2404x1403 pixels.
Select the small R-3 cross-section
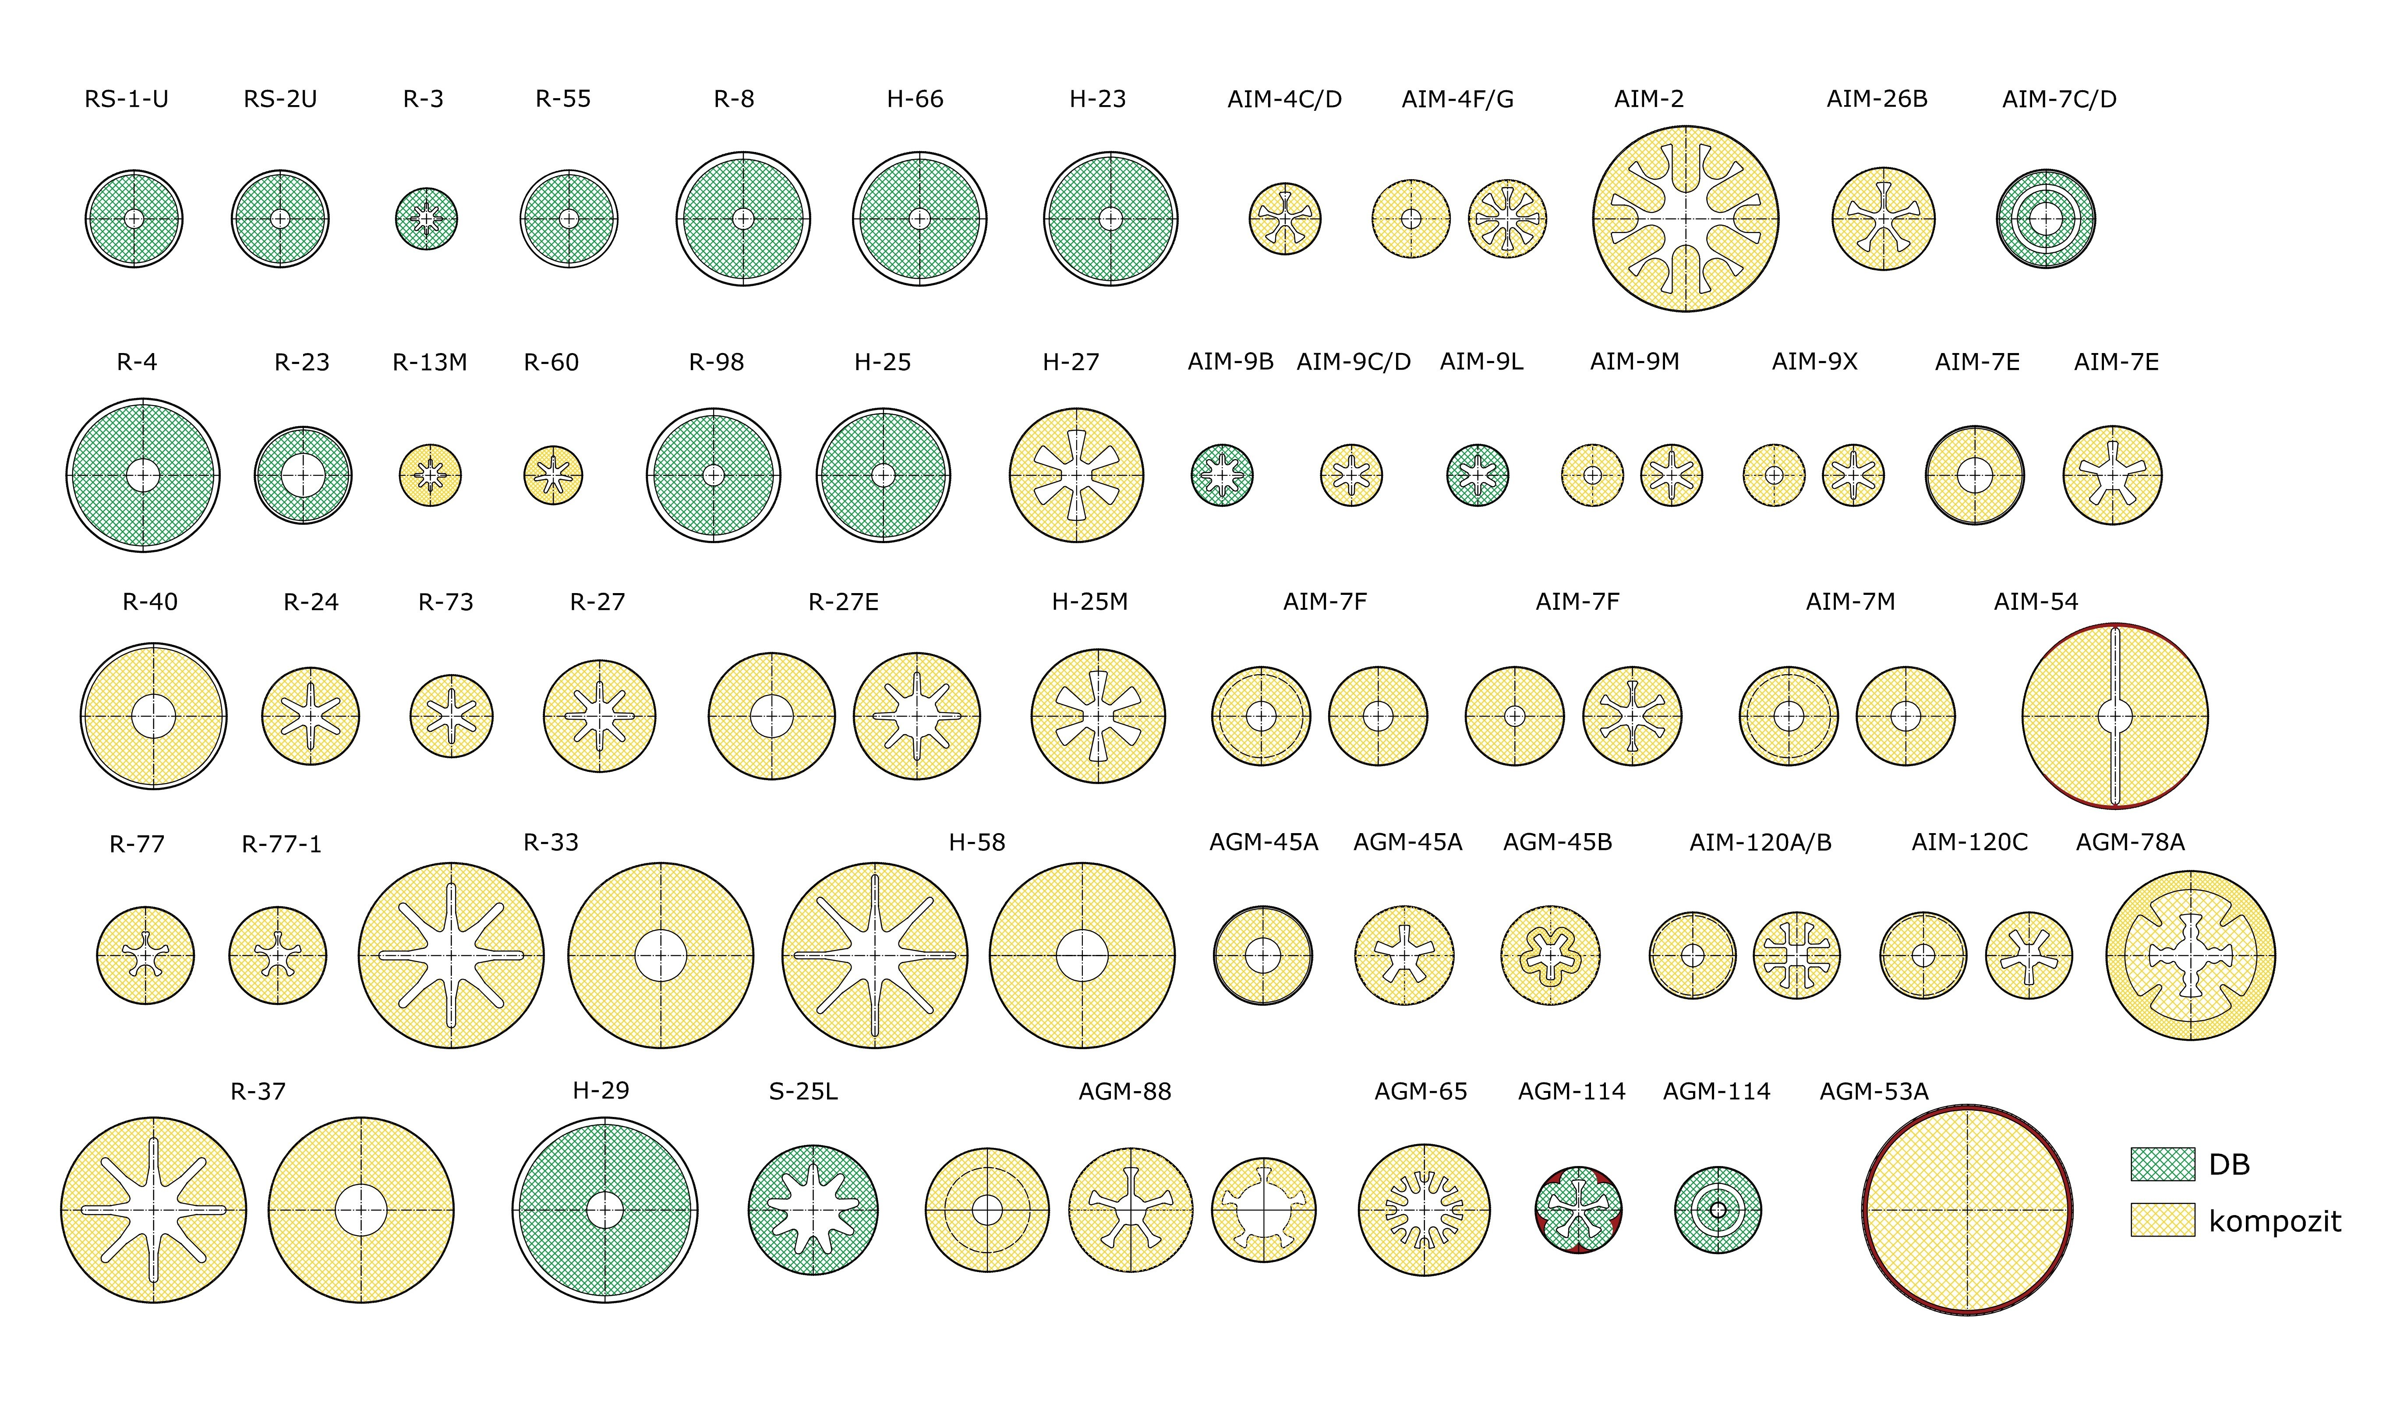[x=426, y=219]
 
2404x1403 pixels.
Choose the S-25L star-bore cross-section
[x=813, y=1209]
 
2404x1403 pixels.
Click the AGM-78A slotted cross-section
[x=2190, y=955]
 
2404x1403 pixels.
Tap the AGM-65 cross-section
[x=1423, y=1209]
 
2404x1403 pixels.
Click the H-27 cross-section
[x=1076, y=475]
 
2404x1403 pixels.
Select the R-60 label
[x=552, y=362]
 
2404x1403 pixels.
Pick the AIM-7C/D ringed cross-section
[x=2045, y=219]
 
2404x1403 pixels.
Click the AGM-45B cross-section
[x=1550, y=955]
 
